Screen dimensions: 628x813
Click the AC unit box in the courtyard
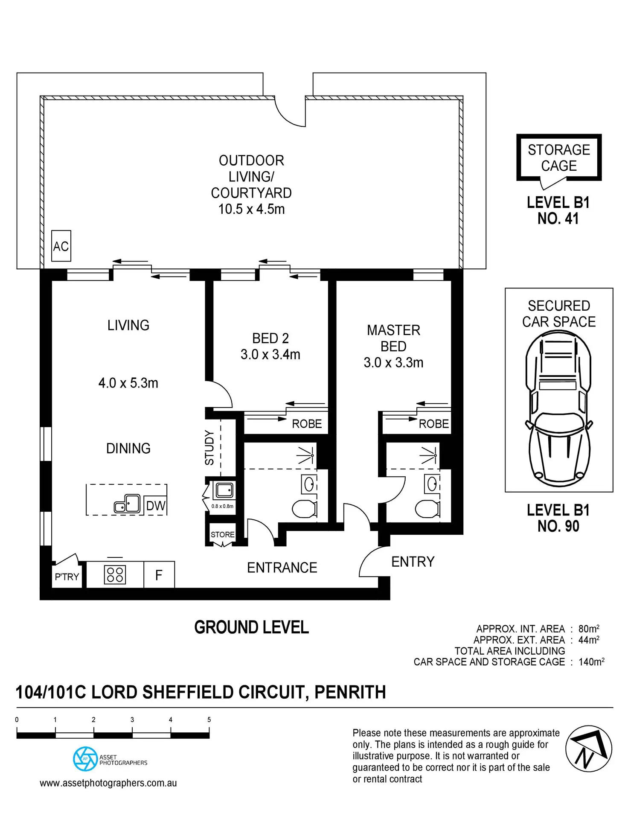(x=61, y=246)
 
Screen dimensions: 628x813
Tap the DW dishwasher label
(x=155, y=506)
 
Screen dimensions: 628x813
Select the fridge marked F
(x=159, y=575)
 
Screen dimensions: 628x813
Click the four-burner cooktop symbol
(x=115, y=574)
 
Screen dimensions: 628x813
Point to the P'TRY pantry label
(x=67, y=577)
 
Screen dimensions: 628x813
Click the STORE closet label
(x=222, y=534)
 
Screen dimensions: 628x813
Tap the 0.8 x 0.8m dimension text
(x=222, y=506)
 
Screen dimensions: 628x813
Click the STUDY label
(x=209, y=447)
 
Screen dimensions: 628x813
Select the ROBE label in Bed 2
(x=307, y=424)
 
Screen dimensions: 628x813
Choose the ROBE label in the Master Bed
(x=434, y=424)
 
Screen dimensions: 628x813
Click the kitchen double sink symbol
(x=127, y=504)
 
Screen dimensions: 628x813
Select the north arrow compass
(x=589, y=749)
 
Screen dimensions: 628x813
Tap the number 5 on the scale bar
(x=209, y=720)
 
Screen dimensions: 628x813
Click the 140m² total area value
(x=591, y=662)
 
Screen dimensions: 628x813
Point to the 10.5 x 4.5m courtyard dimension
(x=251, y=209)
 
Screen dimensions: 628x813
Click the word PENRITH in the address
(x=350, y=692)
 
